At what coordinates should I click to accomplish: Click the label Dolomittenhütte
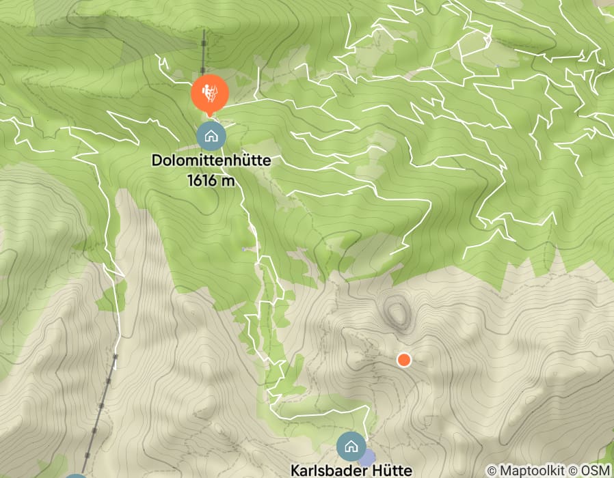211,162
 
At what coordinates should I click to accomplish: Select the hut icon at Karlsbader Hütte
351,447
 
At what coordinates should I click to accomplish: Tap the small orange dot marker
403,359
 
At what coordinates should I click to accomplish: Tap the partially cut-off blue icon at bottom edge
76,475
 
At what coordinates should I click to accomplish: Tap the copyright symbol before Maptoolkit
491,470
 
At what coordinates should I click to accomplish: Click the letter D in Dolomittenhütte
157,162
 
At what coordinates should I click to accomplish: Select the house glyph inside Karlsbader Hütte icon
351,447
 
